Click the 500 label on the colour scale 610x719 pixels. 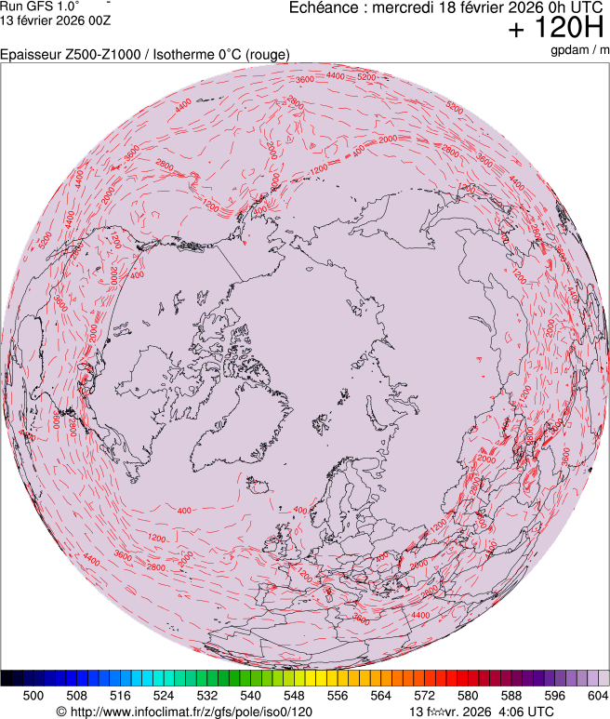click(33, 695)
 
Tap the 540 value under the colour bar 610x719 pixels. click(251, 695)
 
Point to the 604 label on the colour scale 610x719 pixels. click(598, 695)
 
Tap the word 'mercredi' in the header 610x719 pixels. click(402, 8)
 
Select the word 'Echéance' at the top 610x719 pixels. click(325, 8)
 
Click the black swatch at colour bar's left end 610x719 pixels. click(7, 677)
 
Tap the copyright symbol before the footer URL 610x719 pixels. click(61, 712)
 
